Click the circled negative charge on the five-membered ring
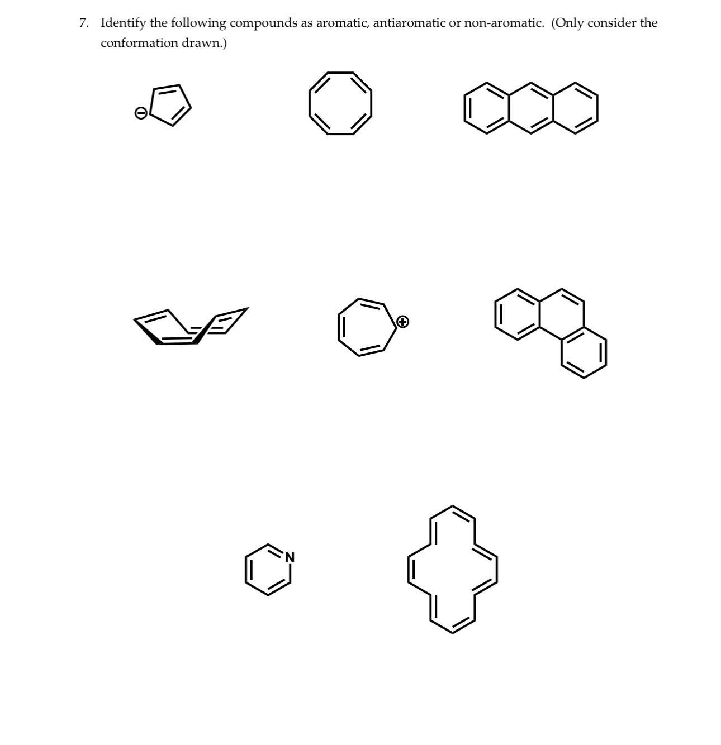[141, 113]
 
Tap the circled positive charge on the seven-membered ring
[403, 321]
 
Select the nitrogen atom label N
[289, 556]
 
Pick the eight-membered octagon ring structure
[340, 103]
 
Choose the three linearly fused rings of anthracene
[530, 109]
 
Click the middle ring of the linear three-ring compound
[530, 109]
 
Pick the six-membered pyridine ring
[268, 570]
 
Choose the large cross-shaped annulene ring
[452, 569]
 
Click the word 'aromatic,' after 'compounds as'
[342, 23]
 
